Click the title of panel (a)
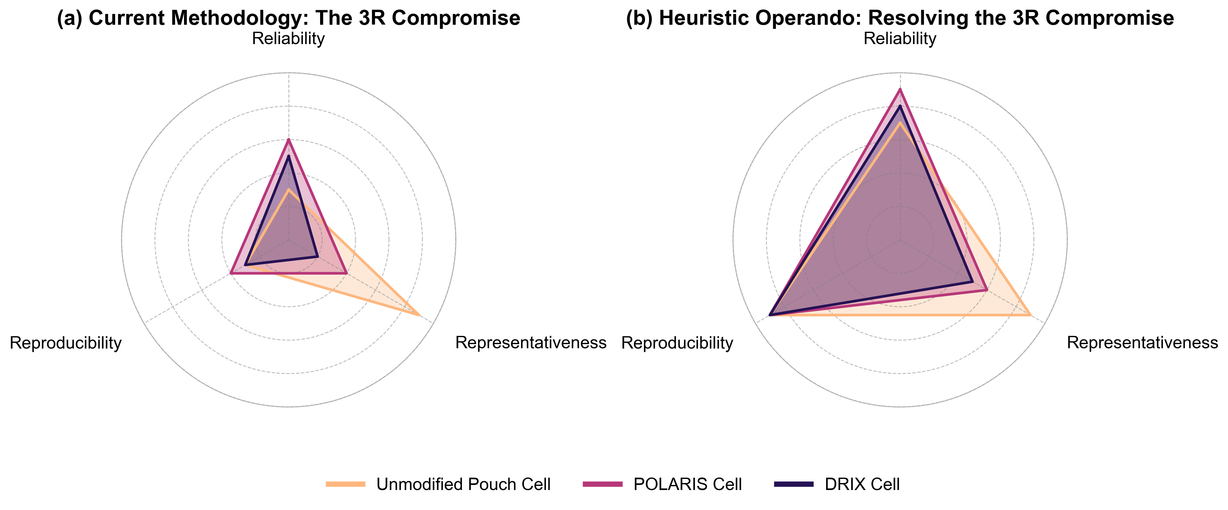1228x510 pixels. (x=288, y=18)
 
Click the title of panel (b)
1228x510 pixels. (x=900, y=18)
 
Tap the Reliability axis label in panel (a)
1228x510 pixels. (x=288, y=39)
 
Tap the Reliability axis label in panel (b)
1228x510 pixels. (x=900, y=39)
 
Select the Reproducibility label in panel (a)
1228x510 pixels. (x=65, y=343)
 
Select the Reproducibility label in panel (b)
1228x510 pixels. (x=677, y=343)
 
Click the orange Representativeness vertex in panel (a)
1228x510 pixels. (x=419, y=315)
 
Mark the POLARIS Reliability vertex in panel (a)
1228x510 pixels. (x=288, y=139)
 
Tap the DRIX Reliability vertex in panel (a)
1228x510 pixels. (x=288, y=156)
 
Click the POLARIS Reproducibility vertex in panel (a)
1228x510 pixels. (x=231, y=273)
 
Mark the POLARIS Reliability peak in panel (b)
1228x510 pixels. (x=900, y=89)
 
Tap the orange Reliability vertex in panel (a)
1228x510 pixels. (x=288, y=190)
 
